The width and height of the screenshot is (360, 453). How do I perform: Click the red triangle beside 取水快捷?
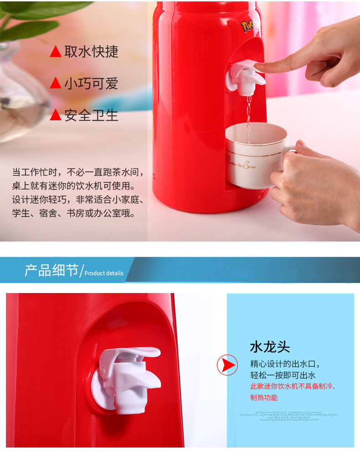(x=56, y=52)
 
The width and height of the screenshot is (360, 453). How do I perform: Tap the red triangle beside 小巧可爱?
(x=56, y=83)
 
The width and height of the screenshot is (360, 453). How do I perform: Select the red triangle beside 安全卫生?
(x=56, y=115)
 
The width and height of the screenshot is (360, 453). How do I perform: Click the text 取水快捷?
(x=91, y=52)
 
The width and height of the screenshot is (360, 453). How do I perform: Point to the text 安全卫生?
(x=91, y=115)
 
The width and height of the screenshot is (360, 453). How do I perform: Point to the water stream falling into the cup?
(x=248, y=112)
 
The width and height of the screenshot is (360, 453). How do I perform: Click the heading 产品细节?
(x=51, y=270)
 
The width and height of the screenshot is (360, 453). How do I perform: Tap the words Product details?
(x=104, y=273)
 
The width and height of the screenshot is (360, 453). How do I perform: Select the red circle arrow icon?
(x=227, y=365)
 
